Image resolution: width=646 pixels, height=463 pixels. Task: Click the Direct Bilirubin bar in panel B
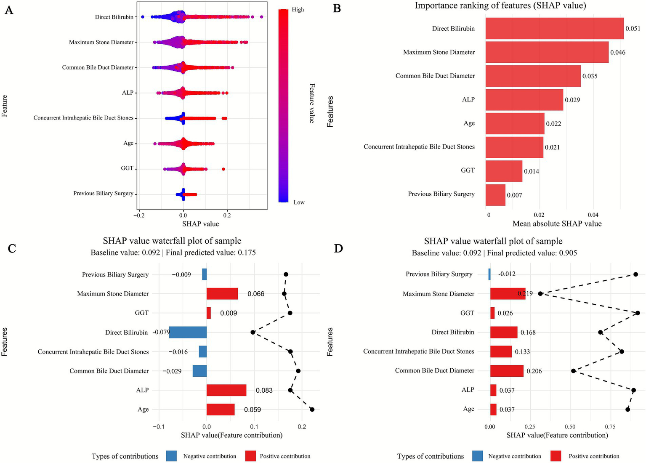coord(554,29)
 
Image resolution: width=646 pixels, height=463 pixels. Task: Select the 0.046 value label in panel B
coord(618,53)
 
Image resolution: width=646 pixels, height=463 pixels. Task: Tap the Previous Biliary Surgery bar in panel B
coord(495,195)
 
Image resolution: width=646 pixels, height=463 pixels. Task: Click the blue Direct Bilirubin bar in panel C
coord(188,332)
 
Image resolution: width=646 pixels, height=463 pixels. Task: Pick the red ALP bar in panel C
coord(226,390)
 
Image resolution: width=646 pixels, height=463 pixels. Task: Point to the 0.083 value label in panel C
coord(264,390)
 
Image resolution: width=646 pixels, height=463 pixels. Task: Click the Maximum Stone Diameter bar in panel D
coord(508,294)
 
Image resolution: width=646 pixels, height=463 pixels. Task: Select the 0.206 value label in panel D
coord(534,371)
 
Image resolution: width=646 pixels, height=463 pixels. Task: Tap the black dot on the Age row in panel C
coord(312,409)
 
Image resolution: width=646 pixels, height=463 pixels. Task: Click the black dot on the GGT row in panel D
coord(638,313)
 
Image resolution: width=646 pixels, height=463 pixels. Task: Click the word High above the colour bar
coord(298,10)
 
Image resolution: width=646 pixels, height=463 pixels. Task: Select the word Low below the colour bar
coord(299,202)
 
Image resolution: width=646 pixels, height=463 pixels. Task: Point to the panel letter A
coord(8,10)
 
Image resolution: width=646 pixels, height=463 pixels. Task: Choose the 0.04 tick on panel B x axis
coord(593,215)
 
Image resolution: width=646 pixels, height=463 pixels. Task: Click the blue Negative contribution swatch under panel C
coord(171,456)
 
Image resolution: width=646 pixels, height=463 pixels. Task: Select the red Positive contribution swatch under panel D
coord(556,456)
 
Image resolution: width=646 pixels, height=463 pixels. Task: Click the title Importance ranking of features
coord(500,5)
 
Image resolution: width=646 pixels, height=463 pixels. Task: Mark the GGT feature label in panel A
coord(127,168)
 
